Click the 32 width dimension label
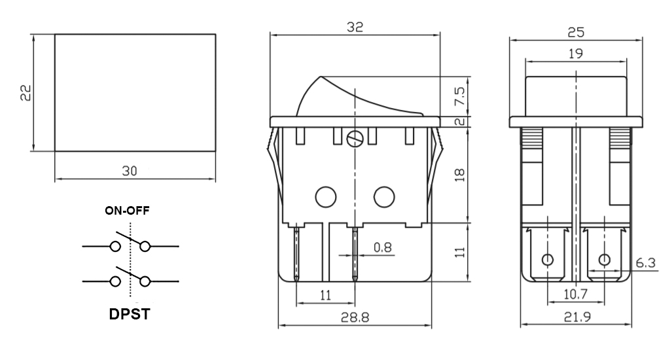(355, 27)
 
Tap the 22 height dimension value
(26, 92)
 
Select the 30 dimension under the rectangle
(130, 171)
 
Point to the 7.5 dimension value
(460, 96)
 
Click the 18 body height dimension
(460, 175)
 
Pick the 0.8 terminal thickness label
(382, 247)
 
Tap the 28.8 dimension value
(355, 317)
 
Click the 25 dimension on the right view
(576, 32)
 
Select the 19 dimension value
(576, 54)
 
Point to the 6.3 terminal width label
(646, 262)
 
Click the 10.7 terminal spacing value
(576, 294)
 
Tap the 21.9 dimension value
(577, 317)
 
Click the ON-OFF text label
(128, 210)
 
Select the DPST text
(130, 314)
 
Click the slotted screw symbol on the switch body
(355, 139)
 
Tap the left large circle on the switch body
(326, 196)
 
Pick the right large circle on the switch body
(384, 196)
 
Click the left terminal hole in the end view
(548, 259)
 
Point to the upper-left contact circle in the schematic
(115, 246)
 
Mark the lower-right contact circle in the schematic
(145, 281)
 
